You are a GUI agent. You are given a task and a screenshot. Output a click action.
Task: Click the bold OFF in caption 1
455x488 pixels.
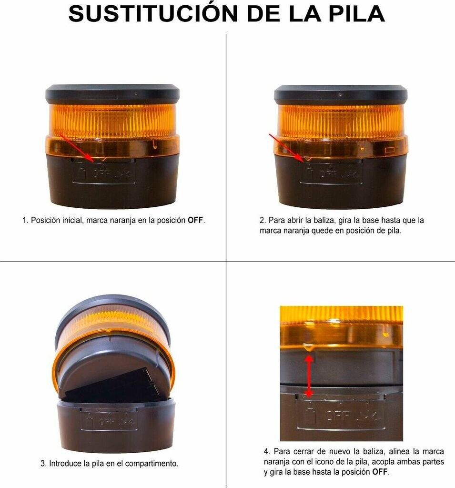195,220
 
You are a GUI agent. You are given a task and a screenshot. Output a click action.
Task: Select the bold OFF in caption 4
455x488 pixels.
380,472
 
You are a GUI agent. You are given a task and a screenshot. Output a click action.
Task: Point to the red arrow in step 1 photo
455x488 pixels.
76,148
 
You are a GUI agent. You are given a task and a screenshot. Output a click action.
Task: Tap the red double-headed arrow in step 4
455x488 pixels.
308,376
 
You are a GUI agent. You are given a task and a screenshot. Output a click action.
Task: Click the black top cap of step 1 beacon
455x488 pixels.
112,94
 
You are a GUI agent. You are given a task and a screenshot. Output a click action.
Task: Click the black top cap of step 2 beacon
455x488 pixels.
341,94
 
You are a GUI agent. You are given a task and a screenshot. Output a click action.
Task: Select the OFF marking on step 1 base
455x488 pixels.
101,173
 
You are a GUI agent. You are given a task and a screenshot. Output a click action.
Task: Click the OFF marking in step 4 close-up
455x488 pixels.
338,416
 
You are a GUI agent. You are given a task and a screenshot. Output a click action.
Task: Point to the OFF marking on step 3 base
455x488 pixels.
107,422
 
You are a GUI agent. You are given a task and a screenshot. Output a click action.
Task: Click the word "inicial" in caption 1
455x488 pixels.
71,220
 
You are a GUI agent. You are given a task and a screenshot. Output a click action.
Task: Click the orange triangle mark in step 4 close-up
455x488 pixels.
308,347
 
